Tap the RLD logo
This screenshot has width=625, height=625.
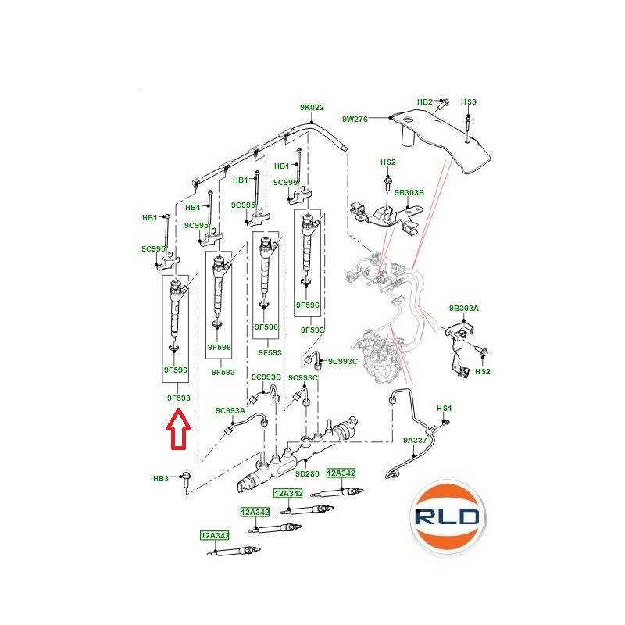[448, 517]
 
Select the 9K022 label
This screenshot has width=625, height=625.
[312, 107]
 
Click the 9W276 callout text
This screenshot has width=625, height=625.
[355, 119]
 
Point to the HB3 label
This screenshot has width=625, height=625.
[161, 478]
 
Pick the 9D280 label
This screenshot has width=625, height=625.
[307, 474]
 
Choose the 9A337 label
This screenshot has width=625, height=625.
[415, 440]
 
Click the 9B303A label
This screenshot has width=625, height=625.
[463, 308]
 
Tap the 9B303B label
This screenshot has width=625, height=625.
[409, 192]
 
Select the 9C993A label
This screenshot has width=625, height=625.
[230, 410]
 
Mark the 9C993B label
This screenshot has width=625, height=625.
[266, 377]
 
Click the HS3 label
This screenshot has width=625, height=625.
[468, 102]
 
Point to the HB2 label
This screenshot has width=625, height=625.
[424, 102]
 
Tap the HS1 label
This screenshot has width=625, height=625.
[444, 408]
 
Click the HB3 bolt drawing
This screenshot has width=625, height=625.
[186, 481]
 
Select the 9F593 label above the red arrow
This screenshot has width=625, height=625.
[179, 398]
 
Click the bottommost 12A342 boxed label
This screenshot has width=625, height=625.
[214, 535]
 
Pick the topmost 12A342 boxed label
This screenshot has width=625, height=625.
[341, 473]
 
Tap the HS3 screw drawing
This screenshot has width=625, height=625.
[467, 127]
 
